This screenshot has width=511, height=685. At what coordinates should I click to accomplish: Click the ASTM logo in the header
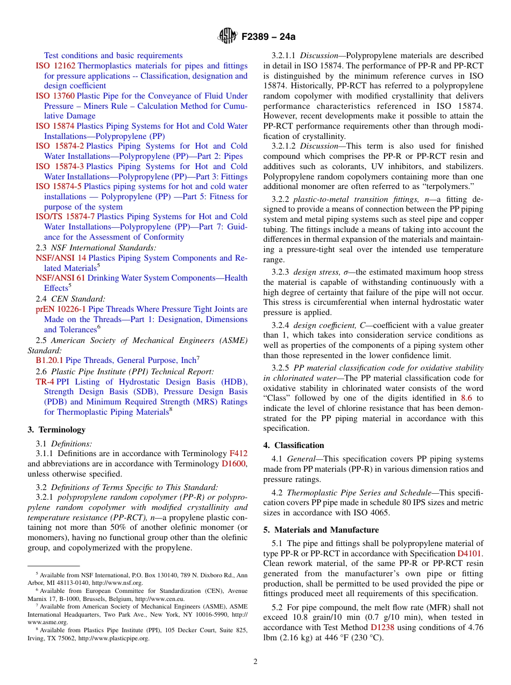[x=227, y=36]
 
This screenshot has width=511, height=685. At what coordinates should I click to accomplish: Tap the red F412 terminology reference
[x=238, y=453]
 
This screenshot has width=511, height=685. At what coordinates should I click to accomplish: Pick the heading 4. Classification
[x=294, y=445]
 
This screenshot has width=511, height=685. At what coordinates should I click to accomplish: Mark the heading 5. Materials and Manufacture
[x=321, y=530]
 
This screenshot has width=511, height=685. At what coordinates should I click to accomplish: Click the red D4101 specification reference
[x=470, y=554]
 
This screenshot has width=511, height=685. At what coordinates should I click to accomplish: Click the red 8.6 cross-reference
[x=467, y=399]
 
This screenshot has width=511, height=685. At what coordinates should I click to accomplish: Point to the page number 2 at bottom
[x=256, y=662]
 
